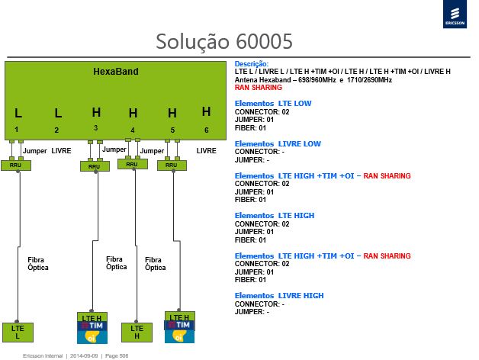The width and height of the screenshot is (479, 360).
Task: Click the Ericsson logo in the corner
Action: [455, 14]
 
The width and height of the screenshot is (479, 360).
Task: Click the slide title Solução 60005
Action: [224, 41]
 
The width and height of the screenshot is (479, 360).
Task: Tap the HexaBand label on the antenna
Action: [116, 72]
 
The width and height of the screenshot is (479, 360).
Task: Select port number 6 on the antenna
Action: [207, 130]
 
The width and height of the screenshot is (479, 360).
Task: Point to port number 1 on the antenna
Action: [17, 130]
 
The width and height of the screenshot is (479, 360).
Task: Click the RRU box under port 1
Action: [16, 166]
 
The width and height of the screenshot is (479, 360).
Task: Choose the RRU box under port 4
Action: [133, 165]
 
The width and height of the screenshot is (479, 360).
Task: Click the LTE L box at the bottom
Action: [18, 333]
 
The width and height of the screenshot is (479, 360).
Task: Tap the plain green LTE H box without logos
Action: [137, 333]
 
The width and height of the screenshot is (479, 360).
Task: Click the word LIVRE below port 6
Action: [206, 151]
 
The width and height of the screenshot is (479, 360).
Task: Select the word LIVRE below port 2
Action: [61, 151]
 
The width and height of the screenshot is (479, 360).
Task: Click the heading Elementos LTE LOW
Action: [273, 103]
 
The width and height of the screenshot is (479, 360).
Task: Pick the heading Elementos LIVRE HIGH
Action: [279, 295]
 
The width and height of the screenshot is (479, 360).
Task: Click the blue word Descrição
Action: [252, 64]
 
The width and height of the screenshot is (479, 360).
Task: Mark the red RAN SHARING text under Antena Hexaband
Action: [258, 88]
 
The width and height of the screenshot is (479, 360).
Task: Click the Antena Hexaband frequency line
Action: [313, 80]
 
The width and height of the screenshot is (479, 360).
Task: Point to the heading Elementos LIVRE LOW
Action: [278, 143]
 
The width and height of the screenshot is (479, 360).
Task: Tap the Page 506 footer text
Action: [117, 355]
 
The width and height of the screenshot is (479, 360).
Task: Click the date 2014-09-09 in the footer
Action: [84, 355]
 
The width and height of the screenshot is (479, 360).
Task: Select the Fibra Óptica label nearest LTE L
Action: [38, 263]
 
